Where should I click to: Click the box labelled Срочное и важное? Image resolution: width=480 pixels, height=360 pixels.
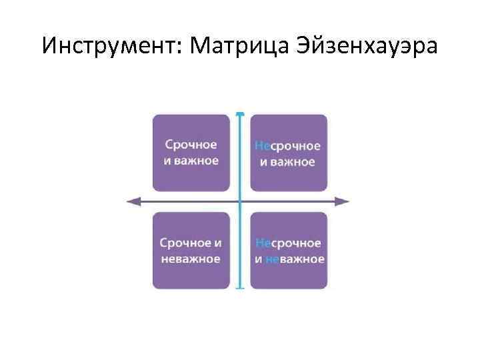click(191, 153)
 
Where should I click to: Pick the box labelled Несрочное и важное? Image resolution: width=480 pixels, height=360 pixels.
click(288, 153)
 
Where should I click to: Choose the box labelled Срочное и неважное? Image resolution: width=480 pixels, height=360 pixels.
click(191, 251)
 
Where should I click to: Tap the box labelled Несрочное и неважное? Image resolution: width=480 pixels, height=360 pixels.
click(288, 251)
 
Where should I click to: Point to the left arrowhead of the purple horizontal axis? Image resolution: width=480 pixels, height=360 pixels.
click(132, 201)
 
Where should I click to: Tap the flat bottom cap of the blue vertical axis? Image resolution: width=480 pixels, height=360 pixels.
click(240, 288)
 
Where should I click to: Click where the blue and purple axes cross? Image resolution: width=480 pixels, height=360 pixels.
click(240, 201)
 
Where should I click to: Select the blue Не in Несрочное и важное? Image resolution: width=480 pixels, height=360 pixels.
click(261, 146)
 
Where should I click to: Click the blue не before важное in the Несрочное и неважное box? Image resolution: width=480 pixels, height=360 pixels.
click(272, 259)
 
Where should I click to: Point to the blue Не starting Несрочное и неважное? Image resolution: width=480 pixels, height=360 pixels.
click(261, 244)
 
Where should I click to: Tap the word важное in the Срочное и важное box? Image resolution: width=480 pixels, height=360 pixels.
click(196, 161)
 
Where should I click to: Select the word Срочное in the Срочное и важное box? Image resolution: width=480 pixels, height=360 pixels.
click(191, 145)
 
